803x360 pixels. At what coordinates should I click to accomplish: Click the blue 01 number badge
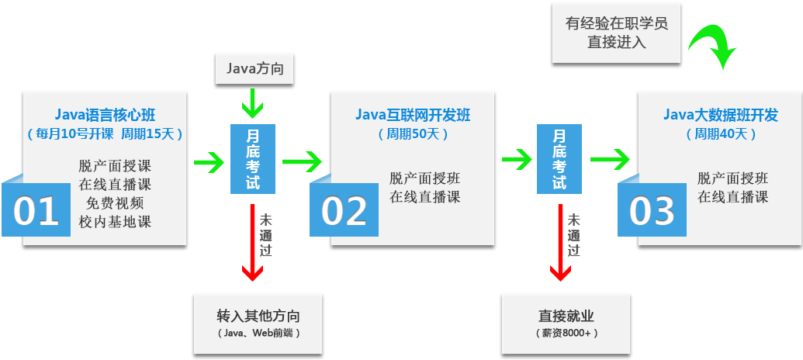tap(36, 211)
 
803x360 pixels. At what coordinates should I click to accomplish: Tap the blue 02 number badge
tap(344, 211)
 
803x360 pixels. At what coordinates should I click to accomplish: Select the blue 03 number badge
tap(652, 211)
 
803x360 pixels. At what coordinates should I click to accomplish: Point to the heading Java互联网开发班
tap(413, 116)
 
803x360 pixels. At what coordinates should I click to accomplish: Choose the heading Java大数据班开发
tap(720, 116)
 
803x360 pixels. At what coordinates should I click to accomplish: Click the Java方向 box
tap(254, 69)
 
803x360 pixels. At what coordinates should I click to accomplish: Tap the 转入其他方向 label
tap(258, 317)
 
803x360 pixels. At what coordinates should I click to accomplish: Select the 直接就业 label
tap(566, 317)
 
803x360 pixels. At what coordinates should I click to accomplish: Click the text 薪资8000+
tap(566, 333)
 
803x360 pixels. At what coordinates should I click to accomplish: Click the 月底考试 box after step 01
tap(253, 158)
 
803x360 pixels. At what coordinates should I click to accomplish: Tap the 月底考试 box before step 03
tap(559, 158)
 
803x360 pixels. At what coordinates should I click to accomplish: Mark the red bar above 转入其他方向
tap(251, 242)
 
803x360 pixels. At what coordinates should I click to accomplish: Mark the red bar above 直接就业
tap(559, 242)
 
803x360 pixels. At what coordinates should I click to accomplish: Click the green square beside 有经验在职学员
tap(711, 36)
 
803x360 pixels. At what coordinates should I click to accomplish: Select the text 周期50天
tap(413, 133)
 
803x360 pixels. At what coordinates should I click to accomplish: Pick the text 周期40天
tap(721, 133)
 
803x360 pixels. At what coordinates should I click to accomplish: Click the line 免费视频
tap(115, 203)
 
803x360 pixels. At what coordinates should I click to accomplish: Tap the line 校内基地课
tap(115, 222)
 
